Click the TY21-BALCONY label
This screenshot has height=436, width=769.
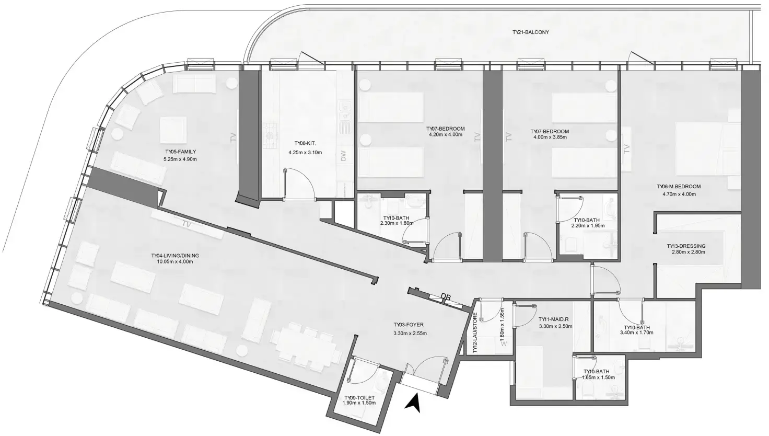[531, 32]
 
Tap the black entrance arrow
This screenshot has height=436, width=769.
[413, 403]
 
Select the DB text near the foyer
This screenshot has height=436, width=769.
[446, 297]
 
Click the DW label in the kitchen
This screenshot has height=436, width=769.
[343, 155]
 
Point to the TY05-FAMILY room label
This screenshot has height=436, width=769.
[180, 152]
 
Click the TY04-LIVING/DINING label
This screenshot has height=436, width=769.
[175, 256]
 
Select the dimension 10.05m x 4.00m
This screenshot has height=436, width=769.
[175, 262]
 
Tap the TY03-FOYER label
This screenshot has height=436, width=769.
[409, 325]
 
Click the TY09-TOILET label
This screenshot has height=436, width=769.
[360, 398]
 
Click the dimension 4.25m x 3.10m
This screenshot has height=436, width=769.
[305, 153]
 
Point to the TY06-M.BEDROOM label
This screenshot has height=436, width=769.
[679, 187]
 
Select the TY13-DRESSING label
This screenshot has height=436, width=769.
[686, 246]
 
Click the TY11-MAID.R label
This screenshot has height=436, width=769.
[555, 319]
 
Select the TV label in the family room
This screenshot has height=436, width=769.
[233, 138]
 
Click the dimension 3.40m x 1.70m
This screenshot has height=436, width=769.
[635, 333]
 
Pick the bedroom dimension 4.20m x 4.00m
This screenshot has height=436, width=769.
[445, 135]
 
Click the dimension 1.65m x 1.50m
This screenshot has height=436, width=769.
[599, 377]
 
